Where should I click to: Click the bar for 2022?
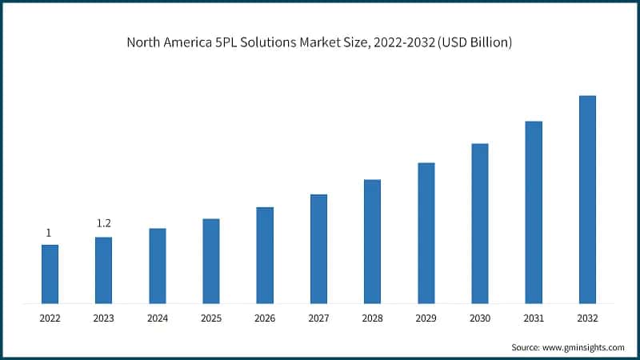tap(50, 274)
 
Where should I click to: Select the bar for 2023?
tap(103, 270)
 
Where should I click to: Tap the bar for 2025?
tap(211, 261)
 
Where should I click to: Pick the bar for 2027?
tap(318, 249)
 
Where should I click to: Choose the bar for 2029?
tap(426, 233)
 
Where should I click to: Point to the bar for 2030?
tap(480, 223)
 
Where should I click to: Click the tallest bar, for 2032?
tap(587, 199)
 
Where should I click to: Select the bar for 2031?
tap(534, 212)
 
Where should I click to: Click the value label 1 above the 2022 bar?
tap(49, 233)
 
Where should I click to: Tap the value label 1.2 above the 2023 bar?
tap(103, 223)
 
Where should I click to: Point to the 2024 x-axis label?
tap(158, 318)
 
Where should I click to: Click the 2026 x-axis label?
tap(265, 318)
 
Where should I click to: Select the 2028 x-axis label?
tap(373, 318)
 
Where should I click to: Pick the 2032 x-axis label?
tap(587, 318)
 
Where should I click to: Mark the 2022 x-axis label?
tap(50, 318)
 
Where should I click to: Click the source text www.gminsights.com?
tap(585, 347)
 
